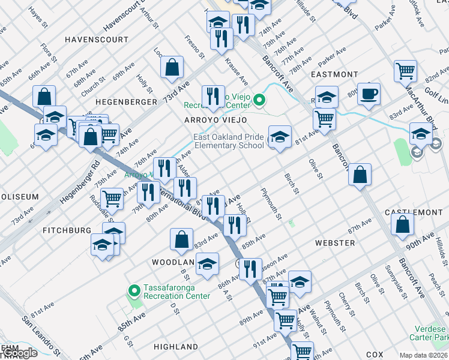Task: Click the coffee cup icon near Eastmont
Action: click(x=370, y=94)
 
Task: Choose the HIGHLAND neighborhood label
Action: click(x=176, y=347)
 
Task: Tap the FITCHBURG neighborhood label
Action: click(x=67, y=230)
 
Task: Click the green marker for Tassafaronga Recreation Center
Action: click(x=133, y=291)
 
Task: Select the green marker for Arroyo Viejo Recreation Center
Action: click(x=259, y=100)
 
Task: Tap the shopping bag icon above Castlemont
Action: click(x=360, y=175)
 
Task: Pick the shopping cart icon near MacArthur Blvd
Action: click(x=406, y=71)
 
